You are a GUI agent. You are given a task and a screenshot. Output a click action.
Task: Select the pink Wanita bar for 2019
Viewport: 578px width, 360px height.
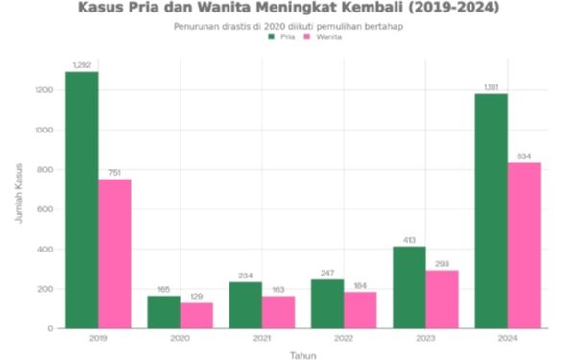pyautogui.click(x=114, y=253)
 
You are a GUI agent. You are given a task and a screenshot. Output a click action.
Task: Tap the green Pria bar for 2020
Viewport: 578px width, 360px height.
pyautogui.click(x=162, y=312)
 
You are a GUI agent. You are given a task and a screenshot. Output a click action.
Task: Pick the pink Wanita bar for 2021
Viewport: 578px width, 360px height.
pyautogui.click(x=278, y=312)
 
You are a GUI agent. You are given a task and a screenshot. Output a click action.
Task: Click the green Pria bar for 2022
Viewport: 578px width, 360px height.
pyautogui.click(x=327, y=303)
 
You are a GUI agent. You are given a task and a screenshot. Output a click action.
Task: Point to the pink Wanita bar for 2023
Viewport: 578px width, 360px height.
pyautogui.click(x=442, y=299)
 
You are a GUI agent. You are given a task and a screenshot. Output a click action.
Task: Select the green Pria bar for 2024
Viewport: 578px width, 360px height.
pyautogui.click(x=491, y=210)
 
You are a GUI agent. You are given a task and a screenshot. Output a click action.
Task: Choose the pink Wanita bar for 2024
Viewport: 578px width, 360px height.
pyautogui.click(x=523, y=245)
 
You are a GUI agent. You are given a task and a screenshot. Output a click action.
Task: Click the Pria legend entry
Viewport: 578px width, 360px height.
pyautogui.click(x=280, y=37)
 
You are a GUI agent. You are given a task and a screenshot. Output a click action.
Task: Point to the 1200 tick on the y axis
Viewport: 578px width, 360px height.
pyautogui.click(x=44, y=90)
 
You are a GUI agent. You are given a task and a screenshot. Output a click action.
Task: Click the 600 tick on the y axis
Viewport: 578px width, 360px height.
pyautogui.click(x=46, y=209)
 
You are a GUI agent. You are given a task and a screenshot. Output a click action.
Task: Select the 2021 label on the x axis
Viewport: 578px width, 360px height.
pyautogui.click(x=261, y=339)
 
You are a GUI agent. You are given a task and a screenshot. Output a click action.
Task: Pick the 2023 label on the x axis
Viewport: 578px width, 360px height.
pyautogui.click(x=425, y=339)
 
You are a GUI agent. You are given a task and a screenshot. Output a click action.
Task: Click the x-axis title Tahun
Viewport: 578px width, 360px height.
pyautogui.click(x=302, y=354)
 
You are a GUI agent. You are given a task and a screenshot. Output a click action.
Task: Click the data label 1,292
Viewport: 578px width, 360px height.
pyautogui.click(x=81, y=64)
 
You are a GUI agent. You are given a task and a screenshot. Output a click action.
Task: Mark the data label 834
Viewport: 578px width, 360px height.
pyautogui.click(x=523, y=156)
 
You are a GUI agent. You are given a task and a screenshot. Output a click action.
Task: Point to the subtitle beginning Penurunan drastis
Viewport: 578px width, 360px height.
pyautogui.click(x=288, y=26)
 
